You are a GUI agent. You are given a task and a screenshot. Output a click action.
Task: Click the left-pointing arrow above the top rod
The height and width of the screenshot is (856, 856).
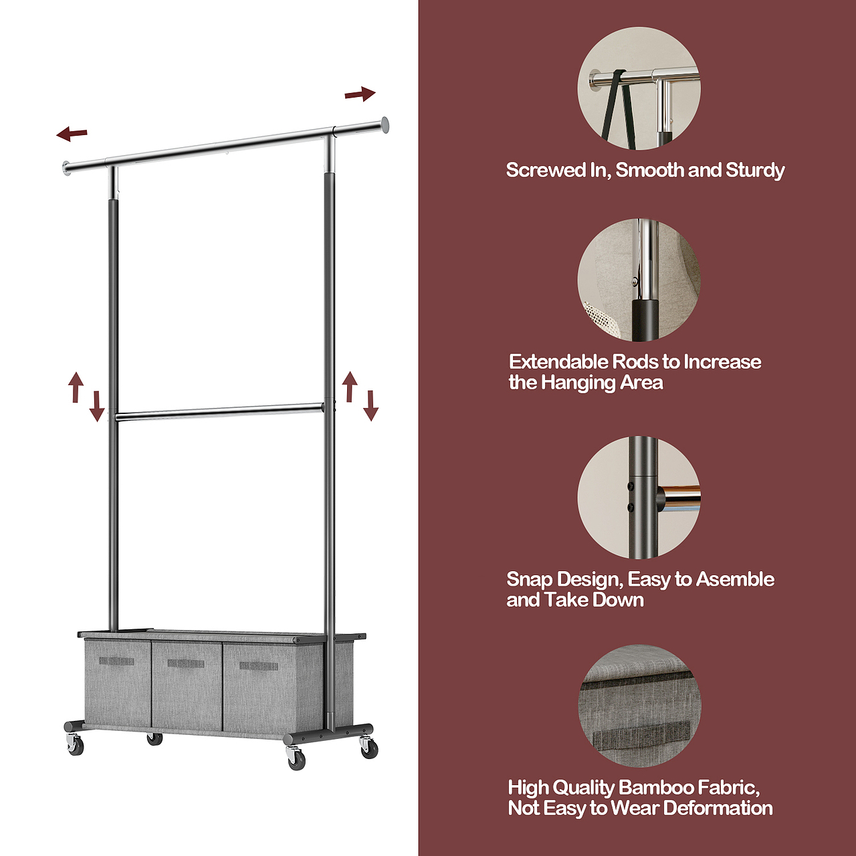coord(72,133)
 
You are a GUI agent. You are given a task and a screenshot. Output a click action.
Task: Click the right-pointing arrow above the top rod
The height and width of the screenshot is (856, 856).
coord(360,94)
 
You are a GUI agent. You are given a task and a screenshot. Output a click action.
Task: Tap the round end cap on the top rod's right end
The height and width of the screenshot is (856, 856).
coord(385,125)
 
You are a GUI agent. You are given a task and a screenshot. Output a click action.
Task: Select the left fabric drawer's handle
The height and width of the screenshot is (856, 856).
coord(116,661)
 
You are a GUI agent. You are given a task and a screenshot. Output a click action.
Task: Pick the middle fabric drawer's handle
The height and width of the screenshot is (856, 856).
coord(186,663)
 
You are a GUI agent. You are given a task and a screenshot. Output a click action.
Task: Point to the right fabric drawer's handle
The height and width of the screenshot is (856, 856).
coord(259,666)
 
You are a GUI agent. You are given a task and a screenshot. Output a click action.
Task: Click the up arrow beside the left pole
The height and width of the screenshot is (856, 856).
coord(76,387)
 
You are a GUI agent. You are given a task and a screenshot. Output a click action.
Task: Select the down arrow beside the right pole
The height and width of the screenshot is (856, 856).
coord(371,405)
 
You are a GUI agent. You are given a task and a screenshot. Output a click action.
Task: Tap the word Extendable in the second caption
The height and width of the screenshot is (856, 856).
coord(558,362)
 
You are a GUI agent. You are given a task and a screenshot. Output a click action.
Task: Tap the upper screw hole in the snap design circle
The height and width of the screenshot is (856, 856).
coord(631,487)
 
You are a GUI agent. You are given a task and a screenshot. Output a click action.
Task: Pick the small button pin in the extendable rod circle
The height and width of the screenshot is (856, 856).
coord(635,281)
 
